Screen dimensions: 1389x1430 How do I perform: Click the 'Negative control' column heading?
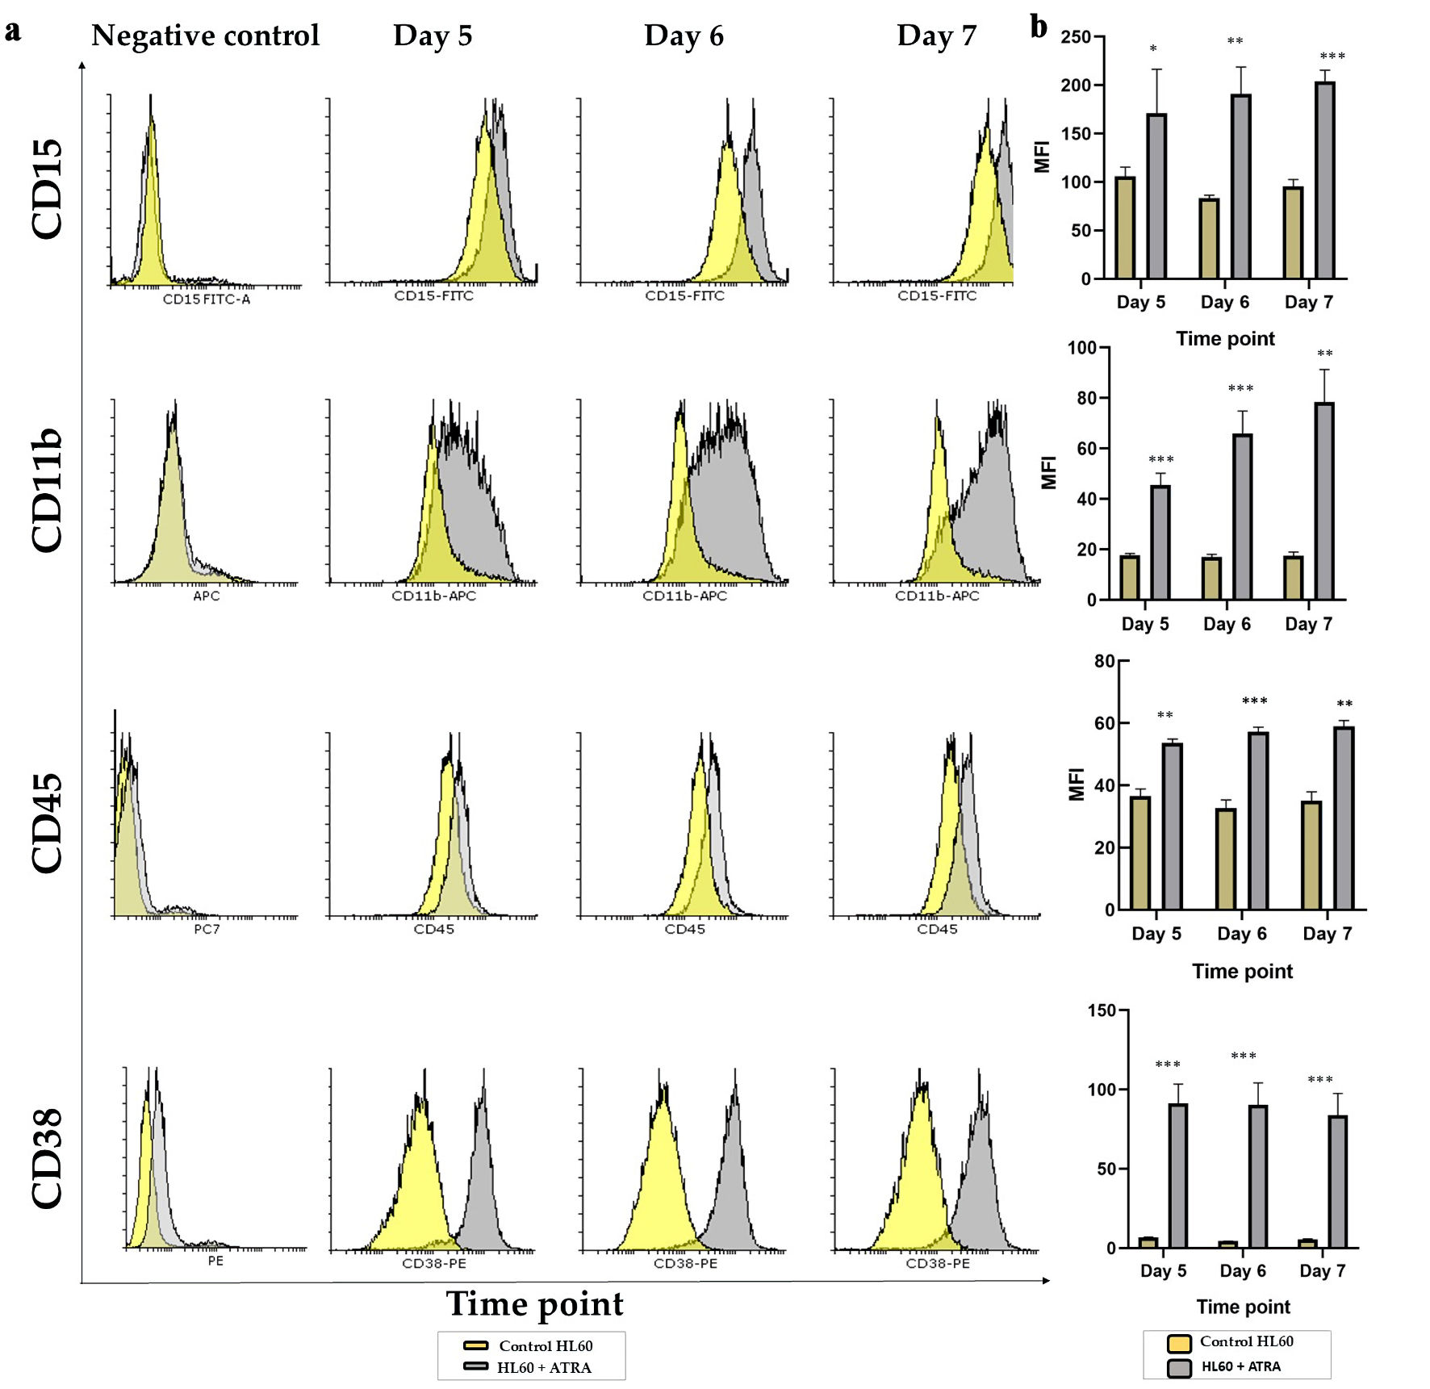(205, 36)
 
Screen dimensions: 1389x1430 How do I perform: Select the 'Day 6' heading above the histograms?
(684, 36)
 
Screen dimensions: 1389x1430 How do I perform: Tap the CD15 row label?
(47, 189)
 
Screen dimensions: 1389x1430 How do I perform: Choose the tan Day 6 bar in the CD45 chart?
(1225, 859)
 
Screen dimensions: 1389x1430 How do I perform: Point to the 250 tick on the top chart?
(1075, 37)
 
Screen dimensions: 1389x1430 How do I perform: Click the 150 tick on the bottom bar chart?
(1102, 1010)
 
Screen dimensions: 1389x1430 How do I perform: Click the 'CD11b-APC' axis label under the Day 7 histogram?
(936, 596)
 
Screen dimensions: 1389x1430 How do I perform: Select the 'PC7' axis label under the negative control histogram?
(207, 929)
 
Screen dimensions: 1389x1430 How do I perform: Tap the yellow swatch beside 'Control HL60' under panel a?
(475, 1345)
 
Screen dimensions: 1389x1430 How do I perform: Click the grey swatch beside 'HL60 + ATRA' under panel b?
(1179, 1368)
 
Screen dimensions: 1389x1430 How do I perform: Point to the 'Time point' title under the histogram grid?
(534, 1304)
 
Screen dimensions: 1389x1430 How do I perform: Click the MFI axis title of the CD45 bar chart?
(1076, 784)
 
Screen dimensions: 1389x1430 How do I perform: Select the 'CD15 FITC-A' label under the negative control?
(207, 299)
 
